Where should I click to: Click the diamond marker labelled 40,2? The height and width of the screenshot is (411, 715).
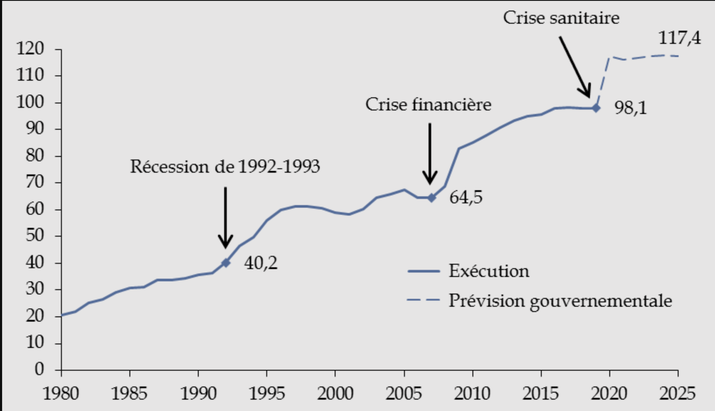226,263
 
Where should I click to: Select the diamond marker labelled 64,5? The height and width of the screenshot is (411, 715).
432,198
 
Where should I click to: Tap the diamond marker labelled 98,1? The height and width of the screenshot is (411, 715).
596,108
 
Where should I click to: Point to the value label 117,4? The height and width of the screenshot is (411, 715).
679,38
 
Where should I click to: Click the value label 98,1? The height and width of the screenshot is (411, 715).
630,108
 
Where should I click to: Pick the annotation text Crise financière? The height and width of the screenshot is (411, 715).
428,105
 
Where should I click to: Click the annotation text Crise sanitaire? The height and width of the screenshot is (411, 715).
561,18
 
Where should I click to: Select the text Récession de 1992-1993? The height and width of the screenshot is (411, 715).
225,167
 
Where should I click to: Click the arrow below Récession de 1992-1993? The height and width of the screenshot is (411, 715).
225,217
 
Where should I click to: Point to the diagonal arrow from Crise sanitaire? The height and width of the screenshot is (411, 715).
575,67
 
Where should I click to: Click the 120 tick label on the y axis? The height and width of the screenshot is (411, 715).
30,49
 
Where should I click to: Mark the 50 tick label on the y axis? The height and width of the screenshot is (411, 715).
35,235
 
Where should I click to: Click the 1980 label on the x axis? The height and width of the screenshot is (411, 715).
61,394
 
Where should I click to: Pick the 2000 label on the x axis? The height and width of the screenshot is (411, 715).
335,394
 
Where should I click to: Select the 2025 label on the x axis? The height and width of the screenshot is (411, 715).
677,394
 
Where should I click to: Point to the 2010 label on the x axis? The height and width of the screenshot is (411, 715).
472,394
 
